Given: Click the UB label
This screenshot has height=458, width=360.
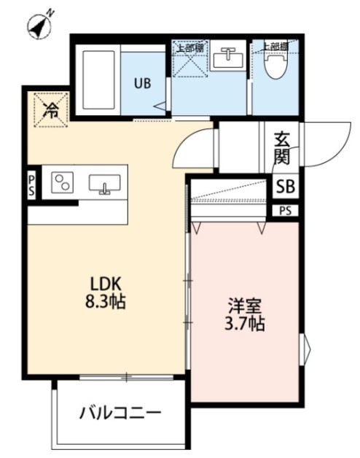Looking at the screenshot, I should pyautogui.click(x=141, y=82).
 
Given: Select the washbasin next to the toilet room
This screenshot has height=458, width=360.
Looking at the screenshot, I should pyautogui.click(x=227, y=58).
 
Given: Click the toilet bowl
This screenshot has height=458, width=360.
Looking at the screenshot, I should pyautogui.click(x=275, y=66).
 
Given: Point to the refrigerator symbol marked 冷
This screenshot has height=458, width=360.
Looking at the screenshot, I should pyautogui.click(x=50, y=110).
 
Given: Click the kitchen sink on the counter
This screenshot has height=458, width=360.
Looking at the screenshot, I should pyautogui.click(x=104, y=184).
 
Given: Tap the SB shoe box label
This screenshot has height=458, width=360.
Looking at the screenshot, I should pyautogui.click(x=285, y=186).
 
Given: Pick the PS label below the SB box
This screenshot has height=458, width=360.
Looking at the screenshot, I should pyautogui.click(x=285, y=211).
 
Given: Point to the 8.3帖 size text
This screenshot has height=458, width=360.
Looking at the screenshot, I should pyautogui.click(x=106, y=302).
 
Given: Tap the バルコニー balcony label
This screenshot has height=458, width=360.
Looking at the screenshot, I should pyautogui.click(x=120, y=413).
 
